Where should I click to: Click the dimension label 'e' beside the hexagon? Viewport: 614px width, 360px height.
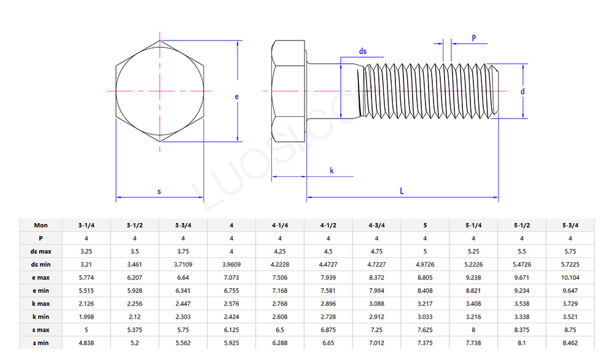click(236, 96)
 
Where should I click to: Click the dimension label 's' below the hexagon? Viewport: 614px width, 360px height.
click(159, 192)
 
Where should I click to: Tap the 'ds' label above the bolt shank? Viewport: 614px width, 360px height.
click(363, 52)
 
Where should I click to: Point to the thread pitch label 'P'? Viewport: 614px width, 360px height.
click(473, 37)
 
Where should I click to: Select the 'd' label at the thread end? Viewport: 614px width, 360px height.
click(523, 92)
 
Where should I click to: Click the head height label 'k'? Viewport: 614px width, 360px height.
click(332, 170)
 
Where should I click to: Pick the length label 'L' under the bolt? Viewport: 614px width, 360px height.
click(402, 191)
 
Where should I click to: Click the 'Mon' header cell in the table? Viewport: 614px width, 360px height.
click(41, 225)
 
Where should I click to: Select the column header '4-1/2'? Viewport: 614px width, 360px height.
click(328, 225)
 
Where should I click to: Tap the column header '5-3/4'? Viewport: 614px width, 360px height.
click(570, 225)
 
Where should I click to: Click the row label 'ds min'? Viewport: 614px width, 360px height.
click(41, 264)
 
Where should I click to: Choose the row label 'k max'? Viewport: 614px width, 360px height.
click(41, 303)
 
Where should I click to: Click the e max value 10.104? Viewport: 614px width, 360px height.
click(570, 278)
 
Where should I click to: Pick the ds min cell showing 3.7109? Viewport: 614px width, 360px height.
click(183, 264)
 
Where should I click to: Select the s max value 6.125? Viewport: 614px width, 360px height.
click(231, 330)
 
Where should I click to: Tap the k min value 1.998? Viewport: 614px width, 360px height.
click(86, 316)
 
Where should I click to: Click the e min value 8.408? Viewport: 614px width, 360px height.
click(425, 291)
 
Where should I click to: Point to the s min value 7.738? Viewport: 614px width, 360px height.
click(473, 343)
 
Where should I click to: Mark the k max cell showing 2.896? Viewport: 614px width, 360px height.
click(328, 303)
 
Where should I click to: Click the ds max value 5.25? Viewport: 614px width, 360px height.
click(473, 251)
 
